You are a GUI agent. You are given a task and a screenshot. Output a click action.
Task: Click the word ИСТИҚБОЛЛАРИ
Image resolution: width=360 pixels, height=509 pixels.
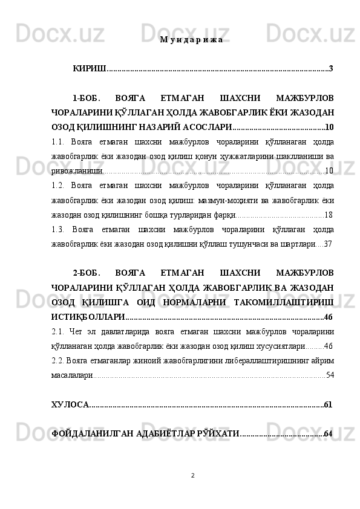[x=88, y=316]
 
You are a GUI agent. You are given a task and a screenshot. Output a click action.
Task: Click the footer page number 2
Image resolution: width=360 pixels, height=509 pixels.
[x=192, y=475]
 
